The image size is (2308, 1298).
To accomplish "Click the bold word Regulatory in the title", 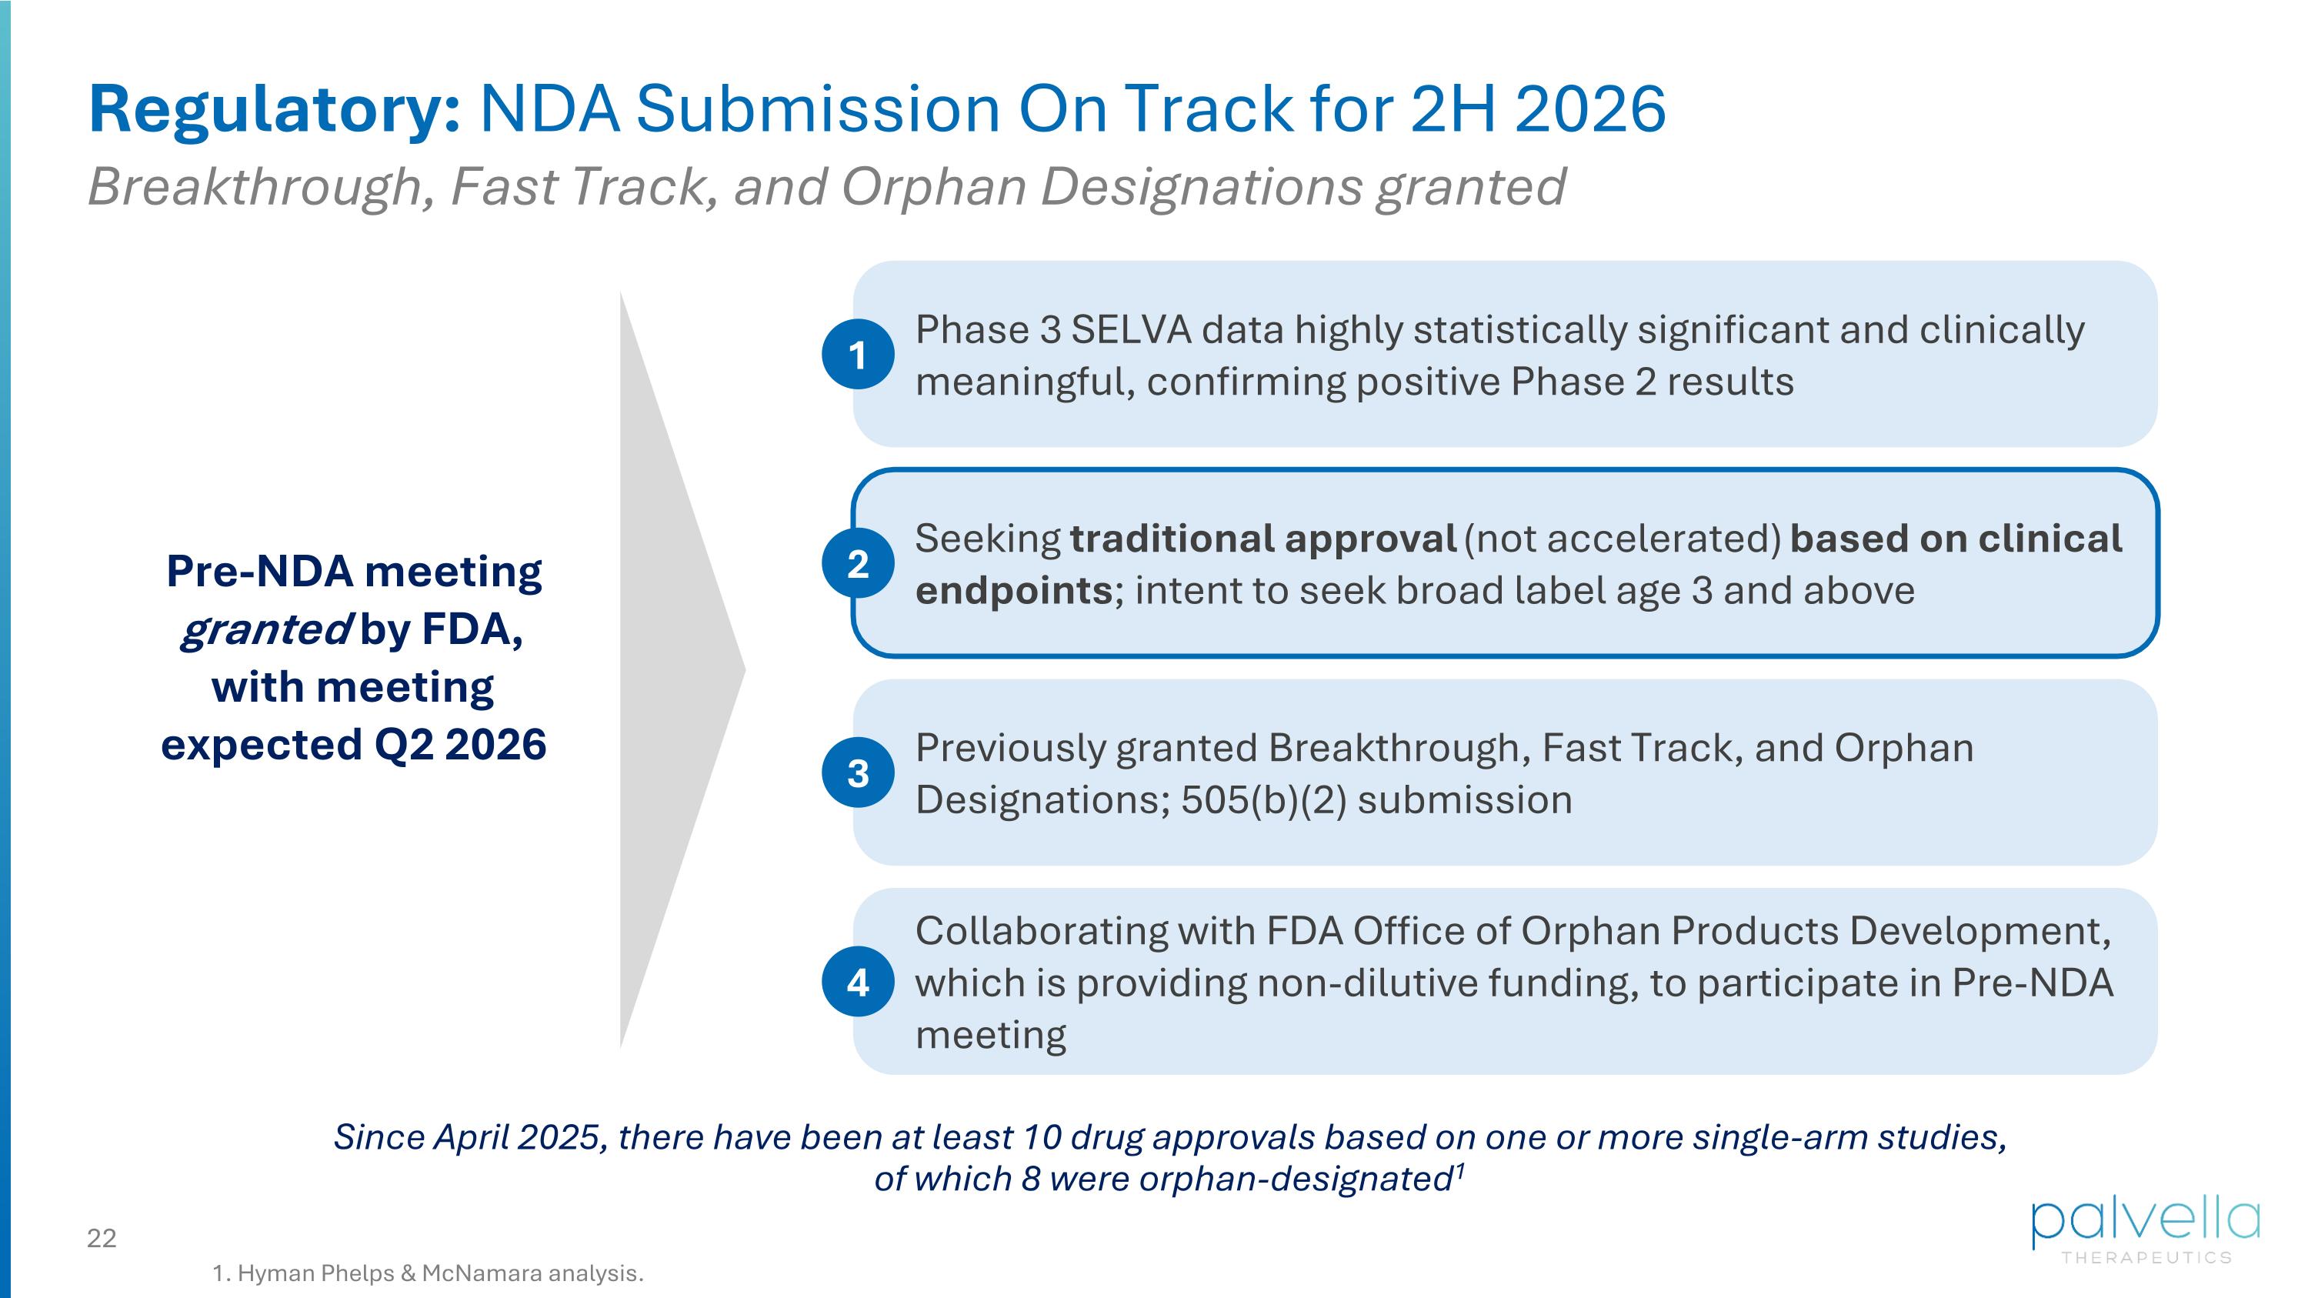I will click(x=273, y=109).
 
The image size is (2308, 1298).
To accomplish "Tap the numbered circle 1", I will click(x=858, y=355).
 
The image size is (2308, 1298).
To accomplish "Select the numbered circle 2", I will click(x=858, y=563).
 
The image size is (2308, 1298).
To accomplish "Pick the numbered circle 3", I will click(x=858, y=772).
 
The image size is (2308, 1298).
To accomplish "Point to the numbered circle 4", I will click(x=858, y=982).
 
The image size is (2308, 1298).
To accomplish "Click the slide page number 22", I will click(x=102, y=1238).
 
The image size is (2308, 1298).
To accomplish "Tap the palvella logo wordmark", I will click(x=2145, y=1220).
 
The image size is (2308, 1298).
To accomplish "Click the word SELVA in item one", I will click(x=1131, y=329).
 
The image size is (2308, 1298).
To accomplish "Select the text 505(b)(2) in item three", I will click(x=1263, y=800).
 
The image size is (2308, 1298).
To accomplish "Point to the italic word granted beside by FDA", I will click(x=265, y=629).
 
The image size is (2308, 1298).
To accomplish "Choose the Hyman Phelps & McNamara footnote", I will click(x=429, y=1273).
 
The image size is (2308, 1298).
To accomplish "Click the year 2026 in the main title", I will click(x=1589, y=109).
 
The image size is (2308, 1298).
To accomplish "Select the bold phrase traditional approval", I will click(x=1262, y=539).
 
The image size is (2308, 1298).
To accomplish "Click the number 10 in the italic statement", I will click(x=1041, y=1136).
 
